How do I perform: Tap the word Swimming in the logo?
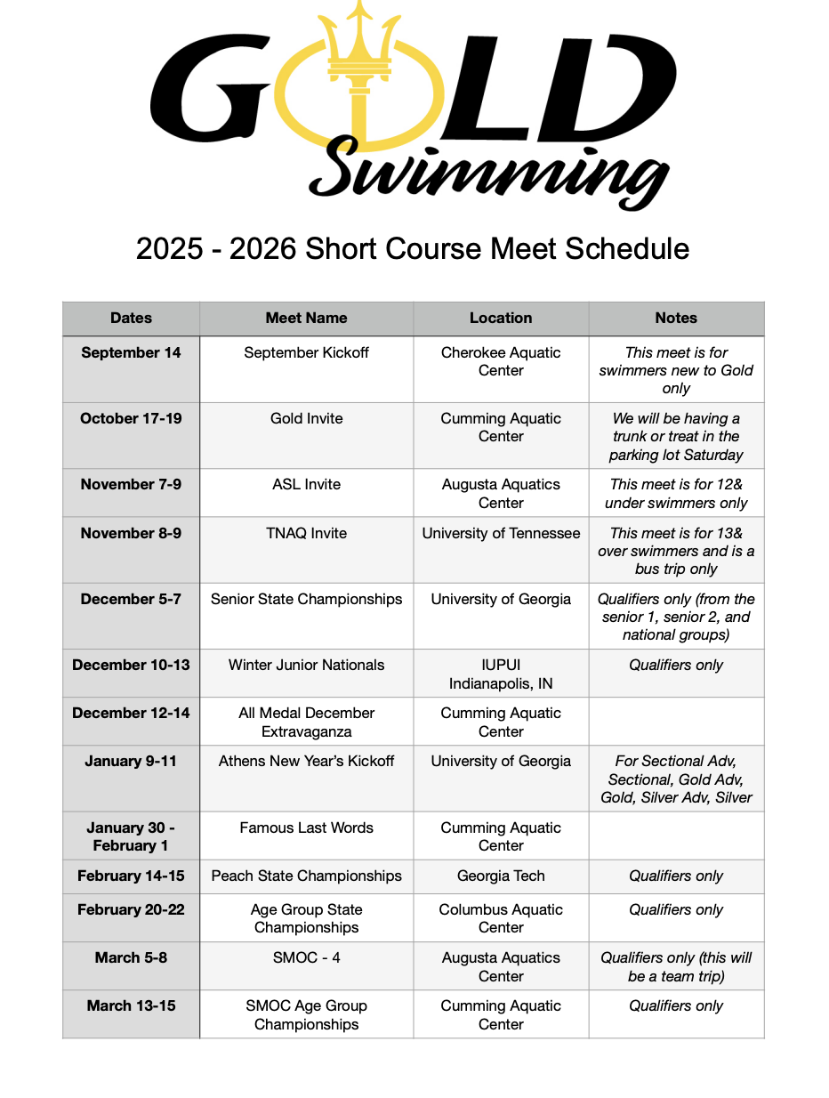pyautogui.click(x=488, y=170)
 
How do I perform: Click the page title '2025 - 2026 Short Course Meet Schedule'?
pyautogui.click(x=413, y=248)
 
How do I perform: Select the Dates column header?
pyautogui.click(x=131, y=318)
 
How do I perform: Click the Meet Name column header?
pyautogui.click(x=306, y=318)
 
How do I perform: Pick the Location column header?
pyautogui.click(x=501, y=318)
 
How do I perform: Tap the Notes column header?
pyautogui.click(x=676, y=318)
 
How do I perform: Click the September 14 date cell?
pyautogui.click(x=131, y=352)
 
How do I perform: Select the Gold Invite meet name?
pyautogui.click(x=306, y=418)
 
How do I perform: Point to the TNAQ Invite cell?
pyautogui.click(x=306, y=533)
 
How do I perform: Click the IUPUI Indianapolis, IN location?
pyautogui.click(x=501, y=674)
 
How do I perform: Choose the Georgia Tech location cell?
pyautogui.click(x=501, y=876)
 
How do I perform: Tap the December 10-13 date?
pyautogui.click(x=131, y=665)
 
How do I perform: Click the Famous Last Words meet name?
pyautogui.click(x=306, y=828)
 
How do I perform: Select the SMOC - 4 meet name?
pyautogui.click(x=306, y=957)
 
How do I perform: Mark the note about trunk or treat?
pyautogui.click(x=676, y=436)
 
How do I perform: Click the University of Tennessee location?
pyautogui.click(x=501, y=533)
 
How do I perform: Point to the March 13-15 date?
pyautogui.click(x=131, y=1005)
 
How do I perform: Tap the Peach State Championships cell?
pyautogui.click(x=306, y=876)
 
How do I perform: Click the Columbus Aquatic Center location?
pyautogui.click(x=501, y=918)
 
